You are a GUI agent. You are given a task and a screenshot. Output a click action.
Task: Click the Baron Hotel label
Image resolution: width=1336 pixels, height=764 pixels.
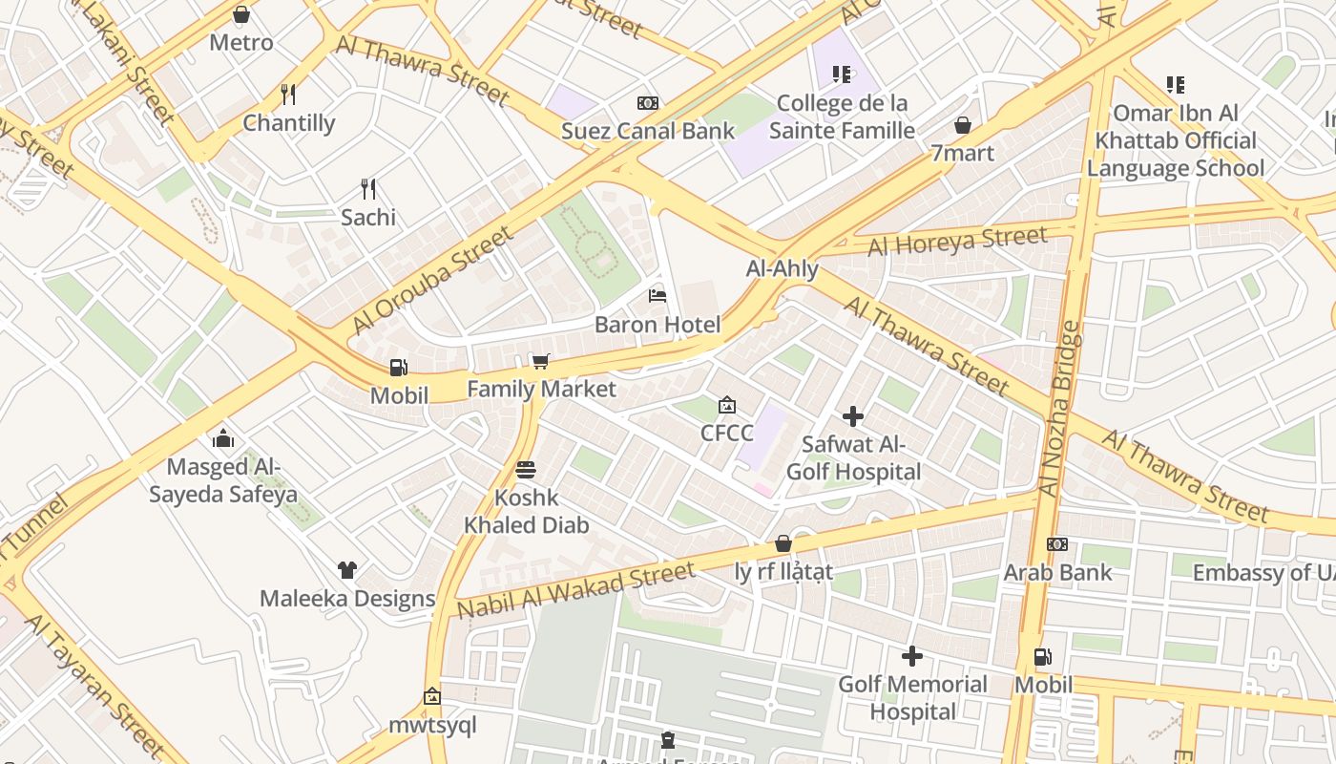click(x=658, y=325)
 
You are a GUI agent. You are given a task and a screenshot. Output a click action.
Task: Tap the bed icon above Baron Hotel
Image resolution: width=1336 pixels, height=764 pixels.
click(x=658, y=295)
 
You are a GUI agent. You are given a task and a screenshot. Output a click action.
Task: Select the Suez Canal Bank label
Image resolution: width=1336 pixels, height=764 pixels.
click(x=648, y=131)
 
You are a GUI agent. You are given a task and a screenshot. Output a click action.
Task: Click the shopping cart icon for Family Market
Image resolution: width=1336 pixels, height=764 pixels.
click(x=540, y=361)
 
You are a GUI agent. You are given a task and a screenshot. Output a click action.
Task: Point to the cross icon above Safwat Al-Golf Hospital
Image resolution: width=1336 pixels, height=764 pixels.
click(x=853, y=416)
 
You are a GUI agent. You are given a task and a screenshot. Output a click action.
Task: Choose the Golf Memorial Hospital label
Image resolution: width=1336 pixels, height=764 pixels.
click(x=913, y=698)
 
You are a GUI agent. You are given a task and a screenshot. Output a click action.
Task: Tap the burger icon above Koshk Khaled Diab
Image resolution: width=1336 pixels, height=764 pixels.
click(x=526, y=470)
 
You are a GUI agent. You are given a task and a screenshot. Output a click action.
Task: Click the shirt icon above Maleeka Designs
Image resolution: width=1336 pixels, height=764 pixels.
click(x=347, y=570)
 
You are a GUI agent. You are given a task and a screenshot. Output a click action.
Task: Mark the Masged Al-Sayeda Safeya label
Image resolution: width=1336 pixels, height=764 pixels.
click(x=223, y=480)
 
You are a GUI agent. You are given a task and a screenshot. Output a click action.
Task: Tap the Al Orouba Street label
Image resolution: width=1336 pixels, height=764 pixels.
click(x=431, y=280)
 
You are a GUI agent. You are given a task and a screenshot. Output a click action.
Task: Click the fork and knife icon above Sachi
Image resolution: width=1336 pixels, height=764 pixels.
click(x=368, y=188)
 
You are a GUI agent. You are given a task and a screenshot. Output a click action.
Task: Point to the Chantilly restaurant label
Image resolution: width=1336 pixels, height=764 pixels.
click(x=289, y=122)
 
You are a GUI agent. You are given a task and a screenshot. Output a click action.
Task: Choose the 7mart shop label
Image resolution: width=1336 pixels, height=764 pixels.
click(x=962, y=153)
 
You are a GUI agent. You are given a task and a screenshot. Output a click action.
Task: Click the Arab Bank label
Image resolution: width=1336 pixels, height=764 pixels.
click(x=1057, y=572)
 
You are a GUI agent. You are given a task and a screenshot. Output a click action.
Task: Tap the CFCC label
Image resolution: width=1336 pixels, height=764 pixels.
click(x=726, y=433)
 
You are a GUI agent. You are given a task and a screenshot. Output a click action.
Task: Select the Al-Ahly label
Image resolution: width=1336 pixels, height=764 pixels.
click(x=782, y=268)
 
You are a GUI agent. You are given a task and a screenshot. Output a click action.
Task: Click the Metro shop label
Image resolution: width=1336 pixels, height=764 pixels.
click(x=241, y=42)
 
